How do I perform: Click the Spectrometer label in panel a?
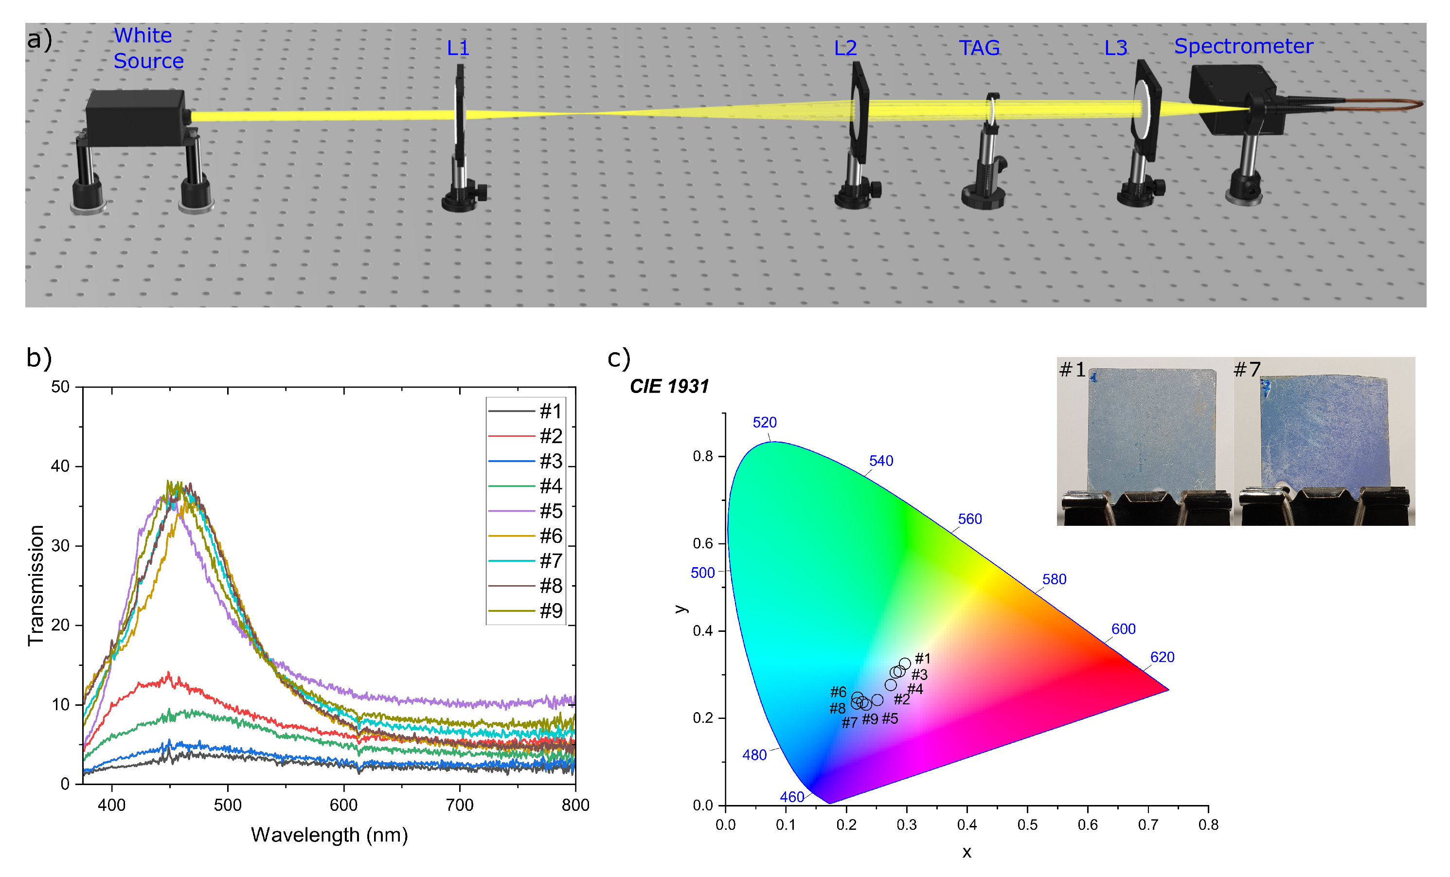[1243, 47]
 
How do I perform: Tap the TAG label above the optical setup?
[979, 48]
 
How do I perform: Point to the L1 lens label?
[458, 48]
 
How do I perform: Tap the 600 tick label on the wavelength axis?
[344, 805]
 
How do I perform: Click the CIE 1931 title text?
[669, 387]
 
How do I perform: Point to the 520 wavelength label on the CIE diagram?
[765, 423]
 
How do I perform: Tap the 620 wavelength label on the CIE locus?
[1162, 658]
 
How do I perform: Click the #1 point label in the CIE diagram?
[923, 659]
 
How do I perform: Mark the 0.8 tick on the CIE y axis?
[703, 456]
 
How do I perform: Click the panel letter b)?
[39, 358]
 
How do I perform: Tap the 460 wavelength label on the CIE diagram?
[791, 797]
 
